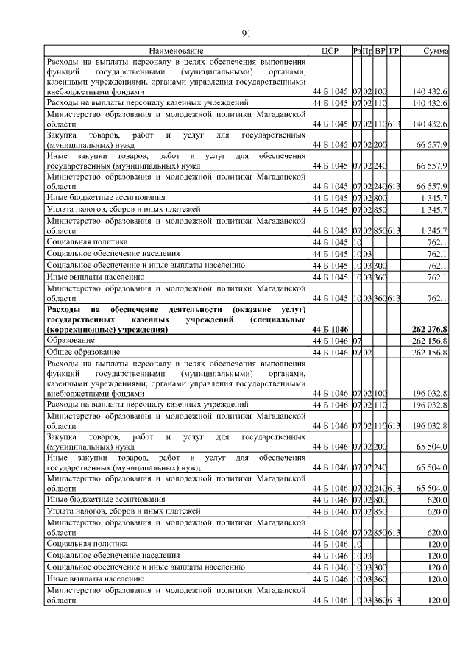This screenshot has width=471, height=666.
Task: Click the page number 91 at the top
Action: tap(247, 32)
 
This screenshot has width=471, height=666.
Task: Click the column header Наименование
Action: tap(176, 51)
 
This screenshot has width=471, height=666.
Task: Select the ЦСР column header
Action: tap(329, 51)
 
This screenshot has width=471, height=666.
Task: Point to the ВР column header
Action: tap(380, 51)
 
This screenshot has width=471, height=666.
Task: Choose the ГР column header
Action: tap(394, 51)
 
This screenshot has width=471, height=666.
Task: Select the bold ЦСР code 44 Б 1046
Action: tap(330, 330)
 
